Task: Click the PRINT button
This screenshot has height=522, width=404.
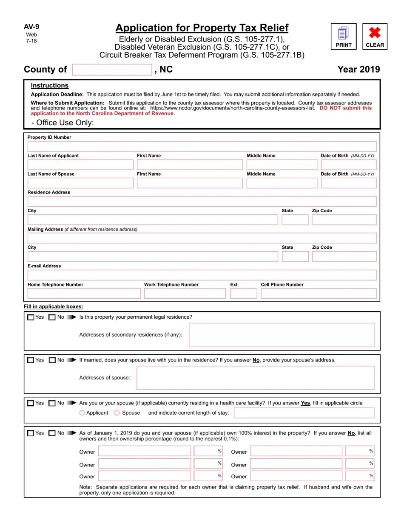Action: pyautogui.click(x=344, y=36)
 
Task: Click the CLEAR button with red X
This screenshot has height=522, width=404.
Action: pyautogui.click(x=375, y=36)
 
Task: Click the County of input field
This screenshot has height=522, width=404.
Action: pyautogui.click(x=112, y=70)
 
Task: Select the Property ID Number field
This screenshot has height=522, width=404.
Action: pyautogui.click(x=202, y=146)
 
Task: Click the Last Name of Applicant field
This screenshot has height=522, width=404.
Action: pyautogui.click(x=80, y=165)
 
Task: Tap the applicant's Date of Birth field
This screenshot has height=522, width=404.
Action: pyautogui.click(x=348, y=165)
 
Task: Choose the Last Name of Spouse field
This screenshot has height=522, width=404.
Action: pyautogui.click(x=80, y=183)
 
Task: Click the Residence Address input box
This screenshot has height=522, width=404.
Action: pyautogui.click(x=202, y=201)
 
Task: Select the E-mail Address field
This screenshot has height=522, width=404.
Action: pyautogui.click(x=202, y=275)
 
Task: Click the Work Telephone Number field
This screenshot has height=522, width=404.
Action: pyautogui.click(x=185, y=293)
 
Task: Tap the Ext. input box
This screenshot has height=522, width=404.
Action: pyautogui.click(x=244, y=293)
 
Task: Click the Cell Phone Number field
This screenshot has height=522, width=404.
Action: pyautogui.click(x=319, y=293)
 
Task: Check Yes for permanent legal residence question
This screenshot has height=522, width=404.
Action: pyautogui.click(x=31, y=317)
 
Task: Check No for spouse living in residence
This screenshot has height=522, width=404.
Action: pyautogui.click(x=52, y=360)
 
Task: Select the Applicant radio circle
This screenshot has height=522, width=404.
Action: pyautogui.click(x=82, y=413)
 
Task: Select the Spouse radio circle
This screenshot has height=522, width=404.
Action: pyautogui.click(x=117, y=413)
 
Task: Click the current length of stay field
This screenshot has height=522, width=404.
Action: pyautogui.click(x=304, y=413)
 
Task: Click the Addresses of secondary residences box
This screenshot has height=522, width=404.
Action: pyautogui.click(x=282, y=335)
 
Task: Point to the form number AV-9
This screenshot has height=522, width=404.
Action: pyautogui.click(x=31, y=27)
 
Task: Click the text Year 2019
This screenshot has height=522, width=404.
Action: pyautogui.click(x=358, y=70)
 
